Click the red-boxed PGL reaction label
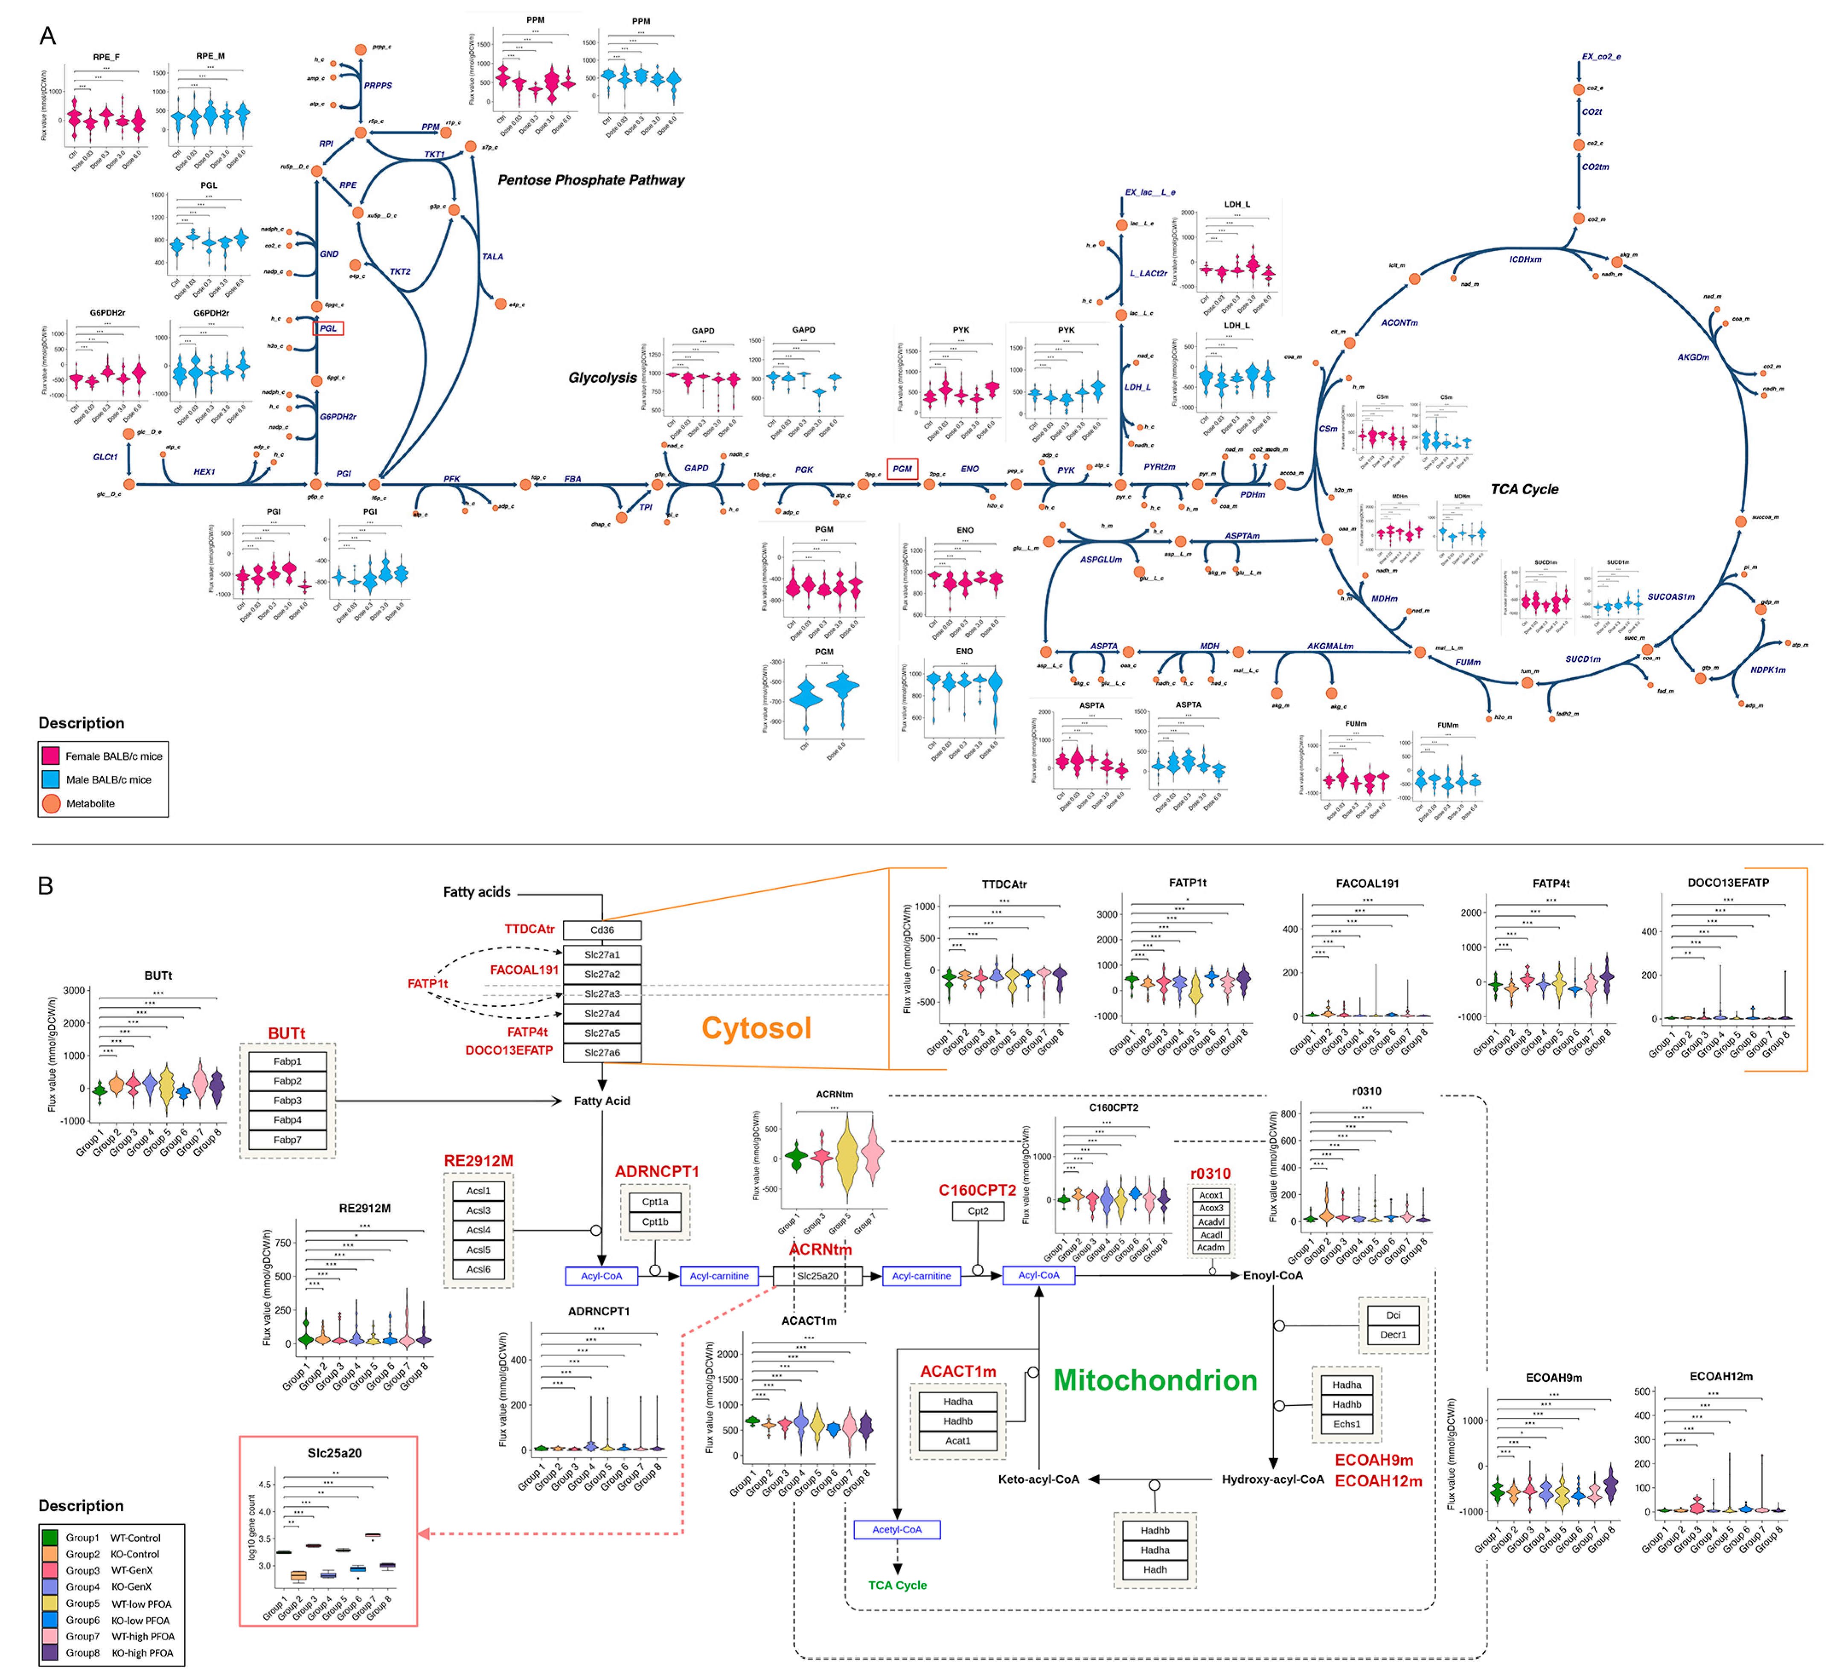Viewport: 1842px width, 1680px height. [x=328, y=328]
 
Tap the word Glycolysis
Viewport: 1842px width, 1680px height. [x=602, y=377]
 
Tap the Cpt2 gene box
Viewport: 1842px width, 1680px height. [x=978, y=1210]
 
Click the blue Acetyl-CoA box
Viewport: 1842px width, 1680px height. [x=896, y=1529]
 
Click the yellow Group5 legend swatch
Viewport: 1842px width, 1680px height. [x=50, y=1603]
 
